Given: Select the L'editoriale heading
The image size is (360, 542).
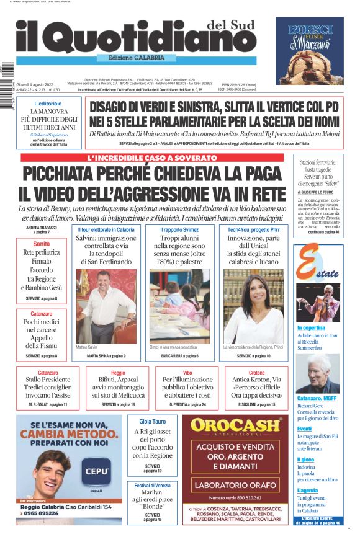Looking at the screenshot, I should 48,104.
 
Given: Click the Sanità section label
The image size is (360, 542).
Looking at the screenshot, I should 42,244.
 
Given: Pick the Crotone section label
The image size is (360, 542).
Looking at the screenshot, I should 256,373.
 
